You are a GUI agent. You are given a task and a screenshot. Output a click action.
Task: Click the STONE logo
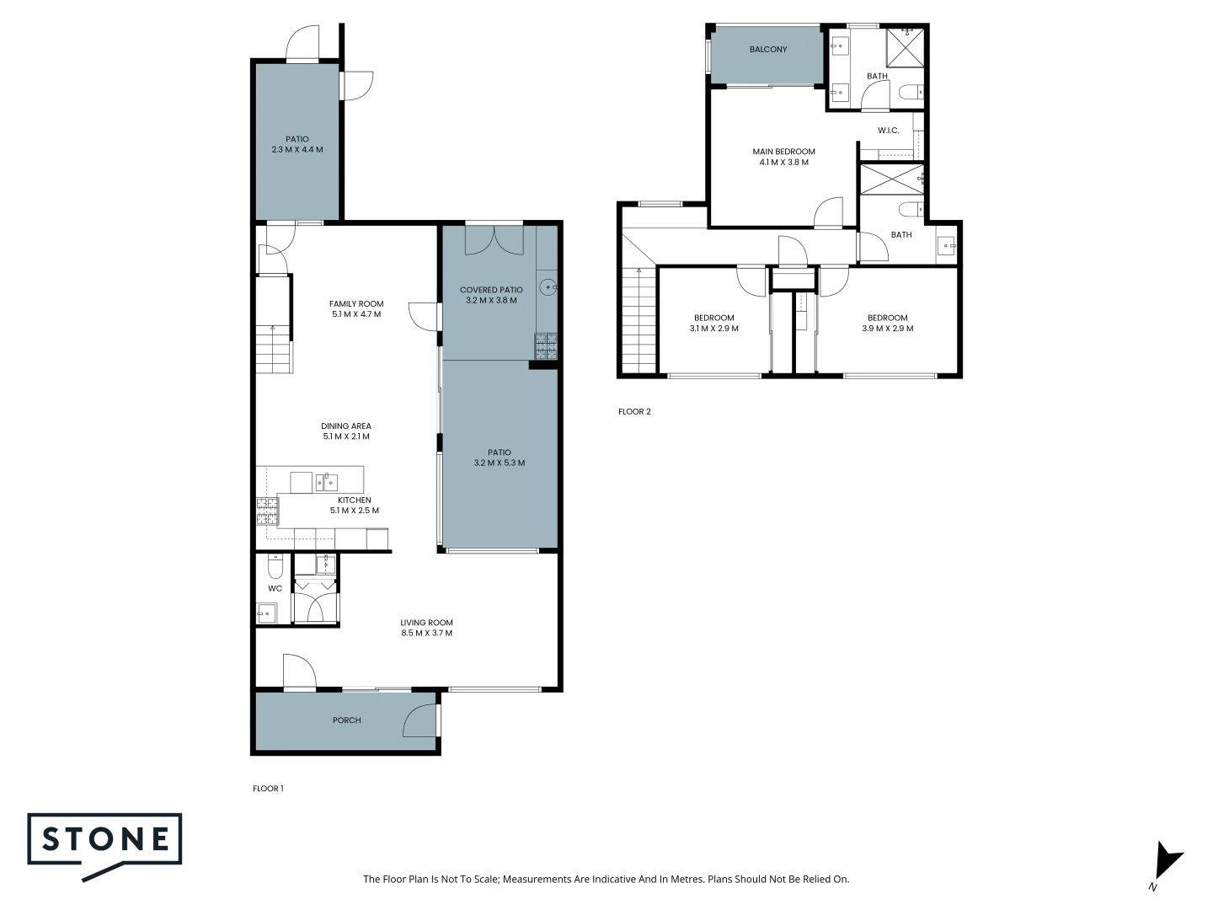point(105,845)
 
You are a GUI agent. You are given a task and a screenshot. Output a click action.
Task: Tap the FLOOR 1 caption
point(268,789)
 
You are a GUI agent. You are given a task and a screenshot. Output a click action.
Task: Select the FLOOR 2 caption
point(634,412)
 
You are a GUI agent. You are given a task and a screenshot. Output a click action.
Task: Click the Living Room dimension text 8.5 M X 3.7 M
point(426,633)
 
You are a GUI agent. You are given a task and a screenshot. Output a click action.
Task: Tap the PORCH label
point(346,720)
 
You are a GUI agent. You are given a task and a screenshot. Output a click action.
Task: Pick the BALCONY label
point(768,50)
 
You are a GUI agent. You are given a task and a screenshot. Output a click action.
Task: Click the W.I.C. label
point(888,131)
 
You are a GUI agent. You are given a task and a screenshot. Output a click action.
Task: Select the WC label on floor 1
point(275,588)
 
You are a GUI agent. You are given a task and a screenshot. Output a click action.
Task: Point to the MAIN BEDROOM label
point(783,152)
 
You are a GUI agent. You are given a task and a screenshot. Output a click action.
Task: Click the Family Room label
point(356,304)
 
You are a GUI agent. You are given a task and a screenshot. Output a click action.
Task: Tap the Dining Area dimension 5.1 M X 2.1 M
point(346,436)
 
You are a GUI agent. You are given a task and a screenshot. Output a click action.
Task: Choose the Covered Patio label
point(491,290)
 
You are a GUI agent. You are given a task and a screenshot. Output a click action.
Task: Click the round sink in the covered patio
point(548,287)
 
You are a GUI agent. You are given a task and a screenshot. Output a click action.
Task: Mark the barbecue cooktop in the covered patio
point(545,345)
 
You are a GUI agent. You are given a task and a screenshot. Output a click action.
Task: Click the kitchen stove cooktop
point(266,511)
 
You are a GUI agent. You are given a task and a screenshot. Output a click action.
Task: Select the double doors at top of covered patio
point(494,239)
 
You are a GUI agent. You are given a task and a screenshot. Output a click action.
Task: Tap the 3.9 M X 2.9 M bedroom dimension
point(887,329)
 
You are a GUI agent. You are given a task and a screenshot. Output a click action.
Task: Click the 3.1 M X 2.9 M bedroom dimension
point(713,329)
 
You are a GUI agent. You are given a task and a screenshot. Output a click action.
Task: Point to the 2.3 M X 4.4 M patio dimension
point(297,150)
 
